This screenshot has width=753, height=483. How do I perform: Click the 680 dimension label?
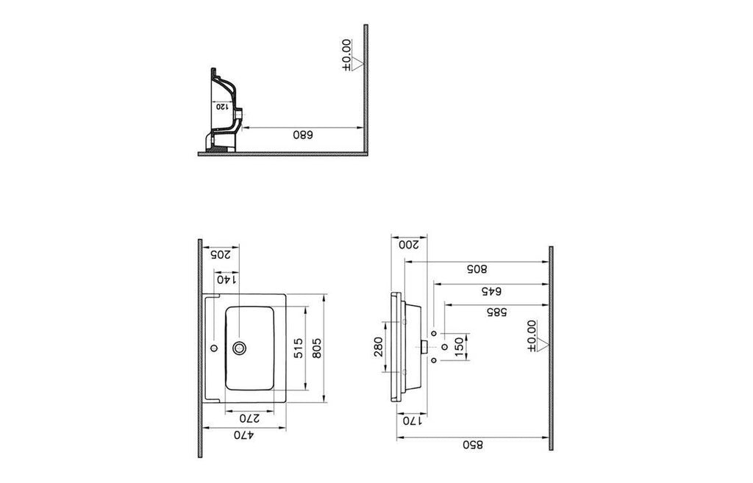303,135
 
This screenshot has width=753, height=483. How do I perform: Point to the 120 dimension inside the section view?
222,106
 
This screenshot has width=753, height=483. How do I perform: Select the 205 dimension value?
221,254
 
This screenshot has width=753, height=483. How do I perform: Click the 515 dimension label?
299,348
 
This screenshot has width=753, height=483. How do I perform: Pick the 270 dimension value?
250,418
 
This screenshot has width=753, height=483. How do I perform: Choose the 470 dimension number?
244,435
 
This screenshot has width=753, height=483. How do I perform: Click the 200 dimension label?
409,244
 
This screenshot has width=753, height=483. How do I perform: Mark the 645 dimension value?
491,291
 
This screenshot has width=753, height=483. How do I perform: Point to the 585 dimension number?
496,312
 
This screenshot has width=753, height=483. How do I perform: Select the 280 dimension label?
378,347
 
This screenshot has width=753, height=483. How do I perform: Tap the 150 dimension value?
459,347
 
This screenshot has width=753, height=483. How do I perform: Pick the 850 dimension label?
473,445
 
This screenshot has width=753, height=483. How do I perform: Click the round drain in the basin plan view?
239,348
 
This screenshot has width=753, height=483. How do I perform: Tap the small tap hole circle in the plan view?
214,347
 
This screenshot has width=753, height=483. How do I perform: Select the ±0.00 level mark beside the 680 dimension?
351,56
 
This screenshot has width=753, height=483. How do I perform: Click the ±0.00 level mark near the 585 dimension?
536,336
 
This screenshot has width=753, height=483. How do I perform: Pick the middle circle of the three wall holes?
444,347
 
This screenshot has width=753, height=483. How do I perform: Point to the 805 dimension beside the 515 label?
316,348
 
